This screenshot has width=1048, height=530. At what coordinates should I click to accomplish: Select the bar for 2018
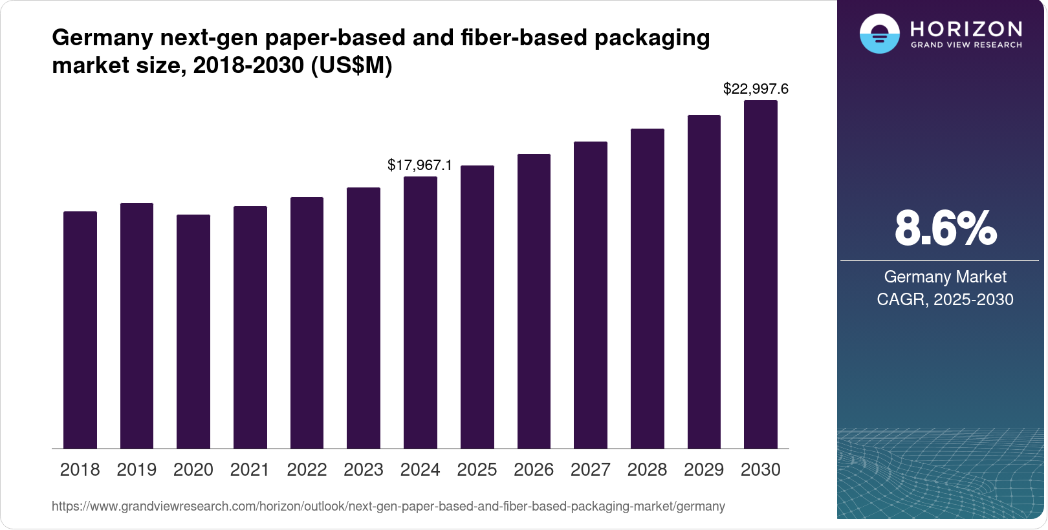pyautogui.click(x=80, y=330)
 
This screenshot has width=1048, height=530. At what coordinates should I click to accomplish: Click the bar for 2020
pyautogui.click(x=193, y=332)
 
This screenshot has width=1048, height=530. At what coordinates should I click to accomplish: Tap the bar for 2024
pyautogui.click(x=420, y=312)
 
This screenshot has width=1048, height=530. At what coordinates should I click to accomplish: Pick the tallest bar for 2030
pyautogui.click(x=761, y=275)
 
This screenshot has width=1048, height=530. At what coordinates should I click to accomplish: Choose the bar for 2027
pyautogui.click(x=591, y=295)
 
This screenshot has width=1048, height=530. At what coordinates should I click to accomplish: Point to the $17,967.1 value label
pyautogui.click(x=420, y=165)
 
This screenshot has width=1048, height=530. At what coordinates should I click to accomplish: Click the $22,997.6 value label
pyautogui.click(x=756, y=89)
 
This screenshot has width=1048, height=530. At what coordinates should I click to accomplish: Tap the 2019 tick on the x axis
pyautogui.click(x=136, y=470)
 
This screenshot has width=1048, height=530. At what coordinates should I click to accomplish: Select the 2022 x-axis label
pyautogui.click(x=307, y=470)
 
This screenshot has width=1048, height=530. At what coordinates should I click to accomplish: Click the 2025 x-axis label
pyautogui.click(x=477, y=470)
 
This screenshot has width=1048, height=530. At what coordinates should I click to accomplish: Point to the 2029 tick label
pyautogui.click(x=704, y=470)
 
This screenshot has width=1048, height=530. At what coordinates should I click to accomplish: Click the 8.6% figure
pyautogui.click(x=945, y=228)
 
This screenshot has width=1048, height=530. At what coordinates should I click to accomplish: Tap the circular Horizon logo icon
pyautogui.click(x=879, y=34)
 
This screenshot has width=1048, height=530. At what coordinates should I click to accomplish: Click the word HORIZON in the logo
pyautogui.click(x=966, y=29)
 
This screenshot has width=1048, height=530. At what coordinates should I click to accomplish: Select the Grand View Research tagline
pyautogui.click(x=966, y=45)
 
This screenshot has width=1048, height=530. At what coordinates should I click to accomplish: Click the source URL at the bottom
pyautogui.click(x=388, y=506)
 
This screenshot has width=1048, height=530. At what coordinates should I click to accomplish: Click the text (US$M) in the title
pyautogui.click(x=351, y=65)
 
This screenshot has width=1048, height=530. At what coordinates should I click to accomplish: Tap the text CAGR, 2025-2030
pyautogui.click(x=944, y=299)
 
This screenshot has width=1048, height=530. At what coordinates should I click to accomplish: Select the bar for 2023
pyautogui.click(x=364, y=318)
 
